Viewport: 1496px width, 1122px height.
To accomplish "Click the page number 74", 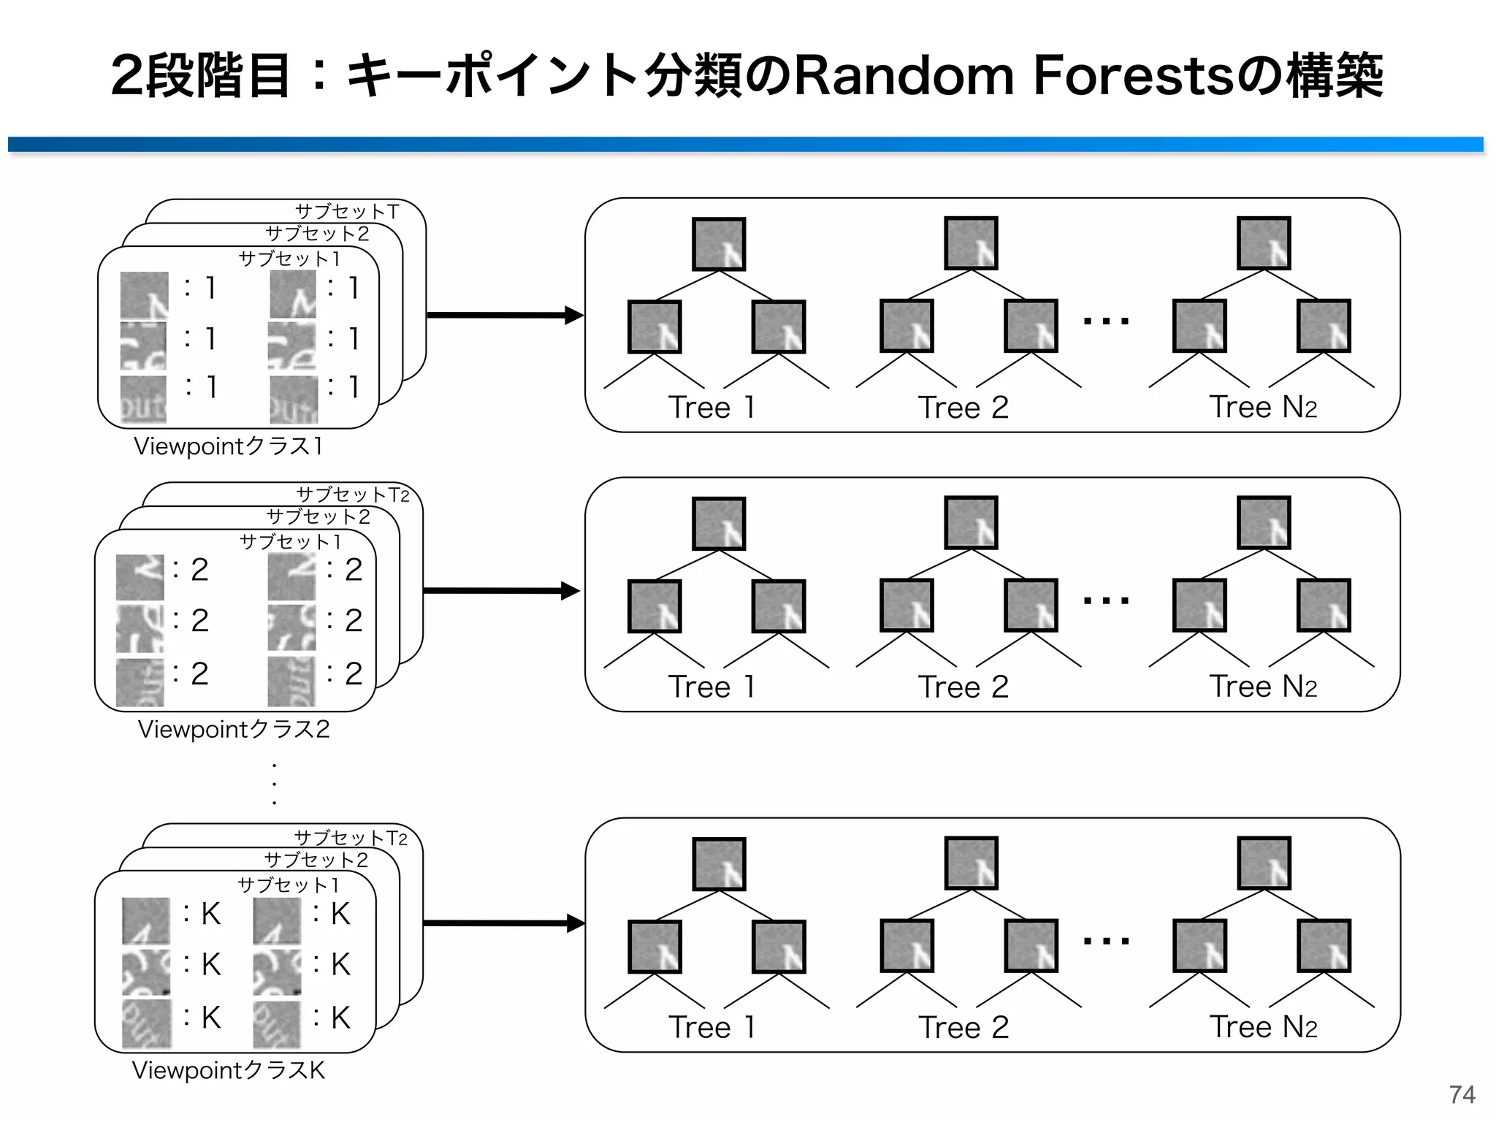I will (1462, 1094).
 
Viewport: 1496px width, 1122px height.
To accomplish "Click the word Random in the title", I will (904, 76).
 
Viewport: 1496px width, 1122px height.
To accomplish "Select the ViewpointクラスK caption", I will (228, 1070).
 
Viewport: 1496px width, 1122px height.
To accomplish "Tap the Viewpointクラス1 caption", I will (228, 446).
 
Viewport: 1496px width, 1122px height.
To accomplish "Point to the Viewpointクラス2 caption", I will (234, 729).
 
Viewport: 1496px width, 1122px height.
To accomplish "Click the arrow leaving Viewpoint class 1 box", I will (504, 316).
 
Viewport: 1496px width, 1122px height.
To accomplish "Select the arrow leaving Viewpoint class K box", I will (504, 923).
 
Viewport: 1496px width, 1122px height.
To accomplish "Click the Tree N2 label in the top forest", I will (1263, 407).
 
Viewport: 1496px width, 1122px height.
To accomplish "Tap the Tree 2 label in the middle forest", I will (963, 687).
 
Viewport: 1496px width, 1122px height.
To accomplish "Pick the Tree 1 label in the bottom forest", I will (711, 1027).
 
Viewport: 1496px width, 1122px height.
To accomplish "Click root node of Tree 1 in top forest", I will (719, 244).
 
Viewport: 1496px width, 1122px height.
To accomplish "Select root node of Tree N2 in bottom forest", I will (1264, 863).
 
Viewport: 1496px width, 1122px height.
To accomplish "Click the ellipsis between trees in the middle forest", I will (1106, 600).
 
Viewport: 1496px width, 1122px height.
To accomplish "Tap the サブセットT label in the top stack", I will (347, 211).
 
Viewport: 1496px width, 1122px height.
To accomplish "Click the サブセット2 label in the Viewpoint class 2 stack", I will (318, 517).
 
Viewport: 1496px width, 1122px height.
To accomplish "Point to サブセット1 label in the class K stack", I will (289, 885).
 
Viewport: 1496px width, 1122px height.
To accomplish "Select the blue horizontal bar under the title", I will (745, 145).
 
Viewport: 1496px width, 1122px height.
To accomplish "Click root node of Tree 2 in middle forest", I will (971, 523).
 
